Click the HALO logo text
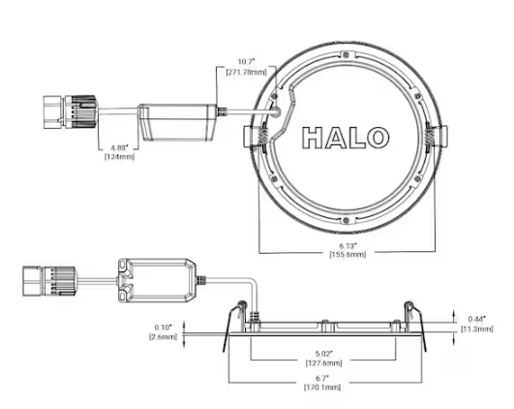[347, 139]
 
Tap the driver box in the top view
[179, 122]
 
